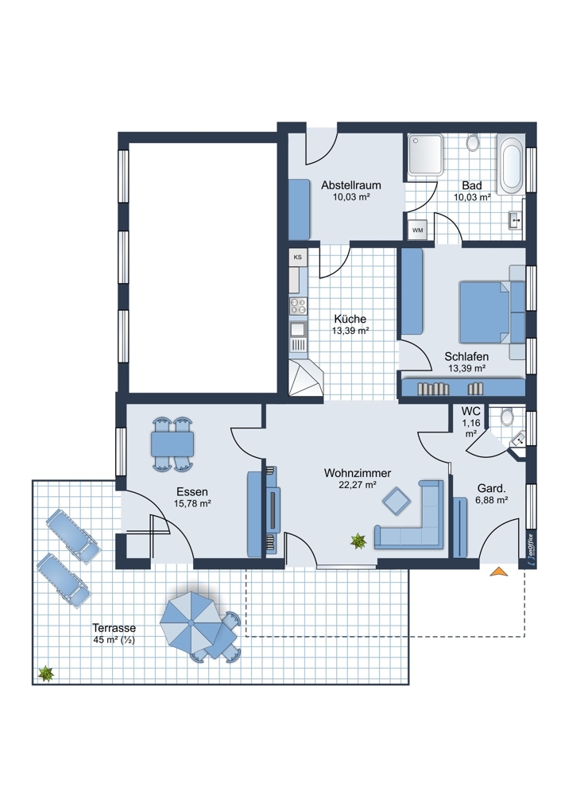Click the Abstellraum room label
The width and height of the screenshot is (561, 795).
(350, 185)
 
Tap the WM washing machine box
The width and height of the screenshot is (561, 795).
(418, 231)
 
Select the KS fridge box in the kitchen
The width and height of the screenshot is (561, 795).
(297, 257)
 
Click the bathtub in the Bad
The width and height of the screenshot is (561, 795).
(511, 165)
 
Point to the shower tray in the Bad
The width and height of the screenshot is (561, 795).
(426, 155)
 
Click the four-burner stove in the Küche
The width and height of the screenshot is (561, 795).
(297, 306)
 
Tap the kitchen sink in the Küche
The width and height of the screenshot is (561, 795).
(297, 331)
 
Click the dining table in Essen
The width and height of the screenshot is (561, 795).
(172, 444)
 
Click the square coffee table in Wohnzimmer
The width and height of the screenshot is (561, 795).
(397, 501)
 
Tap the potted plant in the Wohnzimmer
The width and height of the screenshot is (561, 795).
(358, 541)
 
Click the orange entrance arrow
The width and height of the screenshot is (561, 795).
(499, 572)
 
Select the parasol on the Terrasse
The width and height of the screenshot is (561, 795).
(191, 622)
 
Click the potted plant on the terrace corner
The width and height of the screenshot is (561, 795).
(46, 673)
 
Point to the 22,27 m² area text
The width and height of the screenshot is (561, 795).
(358, 485)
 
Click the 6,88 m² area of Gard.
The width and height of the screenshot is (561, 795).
(492, 500)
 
